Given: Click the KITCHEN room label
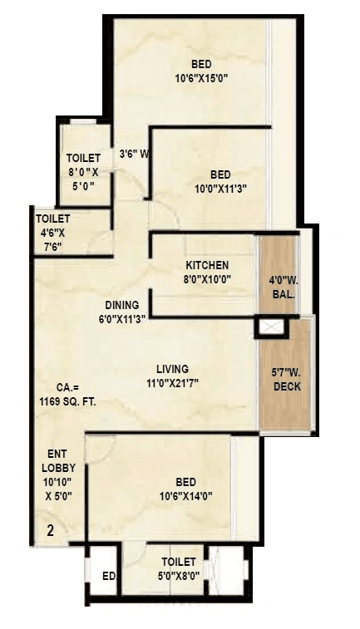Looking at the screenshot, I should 207,265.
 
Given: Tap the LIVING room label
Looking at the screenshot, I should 173,369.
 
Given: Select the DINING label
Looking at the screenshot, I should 122,304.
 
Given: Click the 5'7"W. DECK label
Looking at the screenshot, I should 286,379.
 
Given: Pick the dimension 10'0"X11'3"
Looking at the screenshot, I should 220,189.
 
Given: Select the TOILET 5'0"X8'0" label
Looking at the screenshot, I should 179,569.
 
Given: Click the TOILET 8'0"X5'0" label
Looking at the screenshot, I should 83,172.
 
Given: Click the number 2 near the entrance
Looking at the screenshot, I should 50,531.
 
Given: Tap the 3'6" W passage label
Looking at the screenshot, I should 133,153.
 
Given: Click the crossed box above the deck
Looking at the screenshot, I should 271,327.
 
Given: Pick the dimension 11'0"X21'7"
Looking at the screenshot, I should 173,383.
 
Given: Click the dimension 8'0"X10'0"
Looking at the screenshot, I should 207,279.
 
